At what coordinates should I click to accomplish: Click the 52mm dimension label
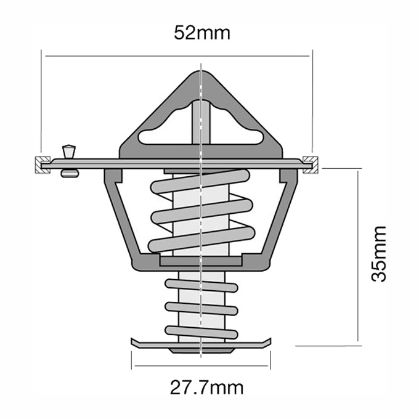(x=201, y=33)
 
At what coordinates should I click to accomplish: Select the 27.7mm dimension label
(x=206, y=388)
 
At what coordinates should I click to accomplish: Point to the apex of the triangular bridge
(x=201, y=75)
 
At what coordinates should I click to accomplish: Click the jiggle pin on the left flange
(x=68, y=152)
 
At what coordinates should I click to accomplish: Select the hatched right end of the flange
(x=313, y=163)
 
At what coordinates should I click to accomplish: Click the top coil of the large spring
(x=200, y=182)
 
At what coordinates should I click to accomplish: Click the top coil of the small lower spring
(x=201, y=285)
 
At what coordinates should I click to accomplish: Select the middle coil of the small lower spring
(x=201, y=309)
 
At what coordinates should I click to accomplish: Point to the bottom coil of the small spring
(x=201, y=333)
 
